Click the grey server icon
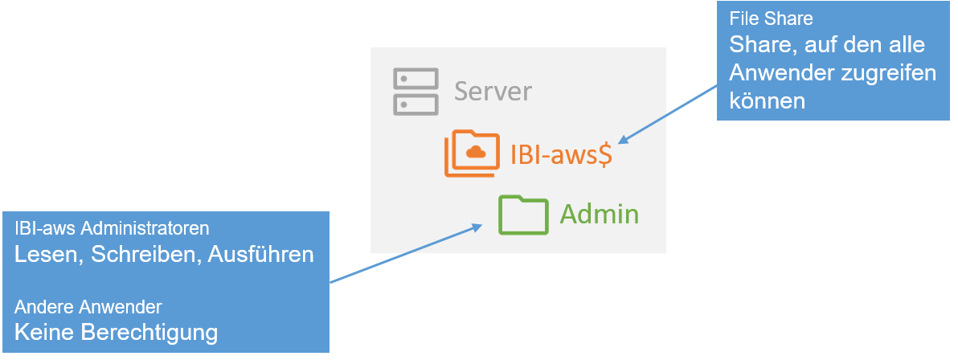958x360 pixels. click(416, 92)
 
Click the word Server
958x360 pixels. click(493, 91)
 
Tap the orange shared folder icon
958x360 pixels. click(472, 153)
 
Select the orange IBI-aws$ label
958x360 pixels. click(562, 153)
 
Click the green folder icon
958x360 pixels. click(522, 215)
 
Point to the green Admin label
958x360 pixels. click(600, 215)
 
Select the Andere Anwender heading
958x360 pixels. click(88, 307)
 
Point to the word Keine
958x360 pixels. click(44, 332)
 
